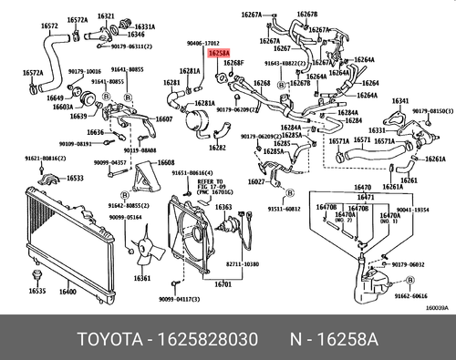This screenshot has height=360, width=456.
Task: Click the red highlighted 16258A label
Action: [x=220, y=54]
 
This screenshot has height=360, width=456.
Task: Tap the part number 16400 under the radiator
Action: [x=67, y=292]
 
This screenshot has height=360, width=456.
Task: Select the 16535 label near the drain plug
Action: [x=36, y=292]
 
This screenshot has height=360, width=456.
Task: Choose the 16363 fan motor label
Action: [x=223, y=208]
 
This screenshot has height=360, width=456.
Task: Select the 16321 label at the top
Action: [x=106, y=16]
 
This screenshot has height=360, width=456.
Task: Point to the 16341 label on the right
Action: [x=400, y=101]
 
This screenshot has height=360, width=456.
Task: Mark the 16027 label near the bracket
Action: [x=257, y=181]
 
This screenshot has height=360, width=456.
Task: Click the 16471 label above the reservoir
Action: [x=365, y=198]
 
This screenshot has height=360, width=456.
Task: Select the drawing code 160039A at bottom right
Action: [x=437, y=308]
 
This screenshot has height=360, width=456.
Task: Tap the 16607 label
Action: [x=163, y=118]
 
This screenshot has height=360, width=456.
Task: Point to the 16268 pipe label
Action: [x=262, y=83]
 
